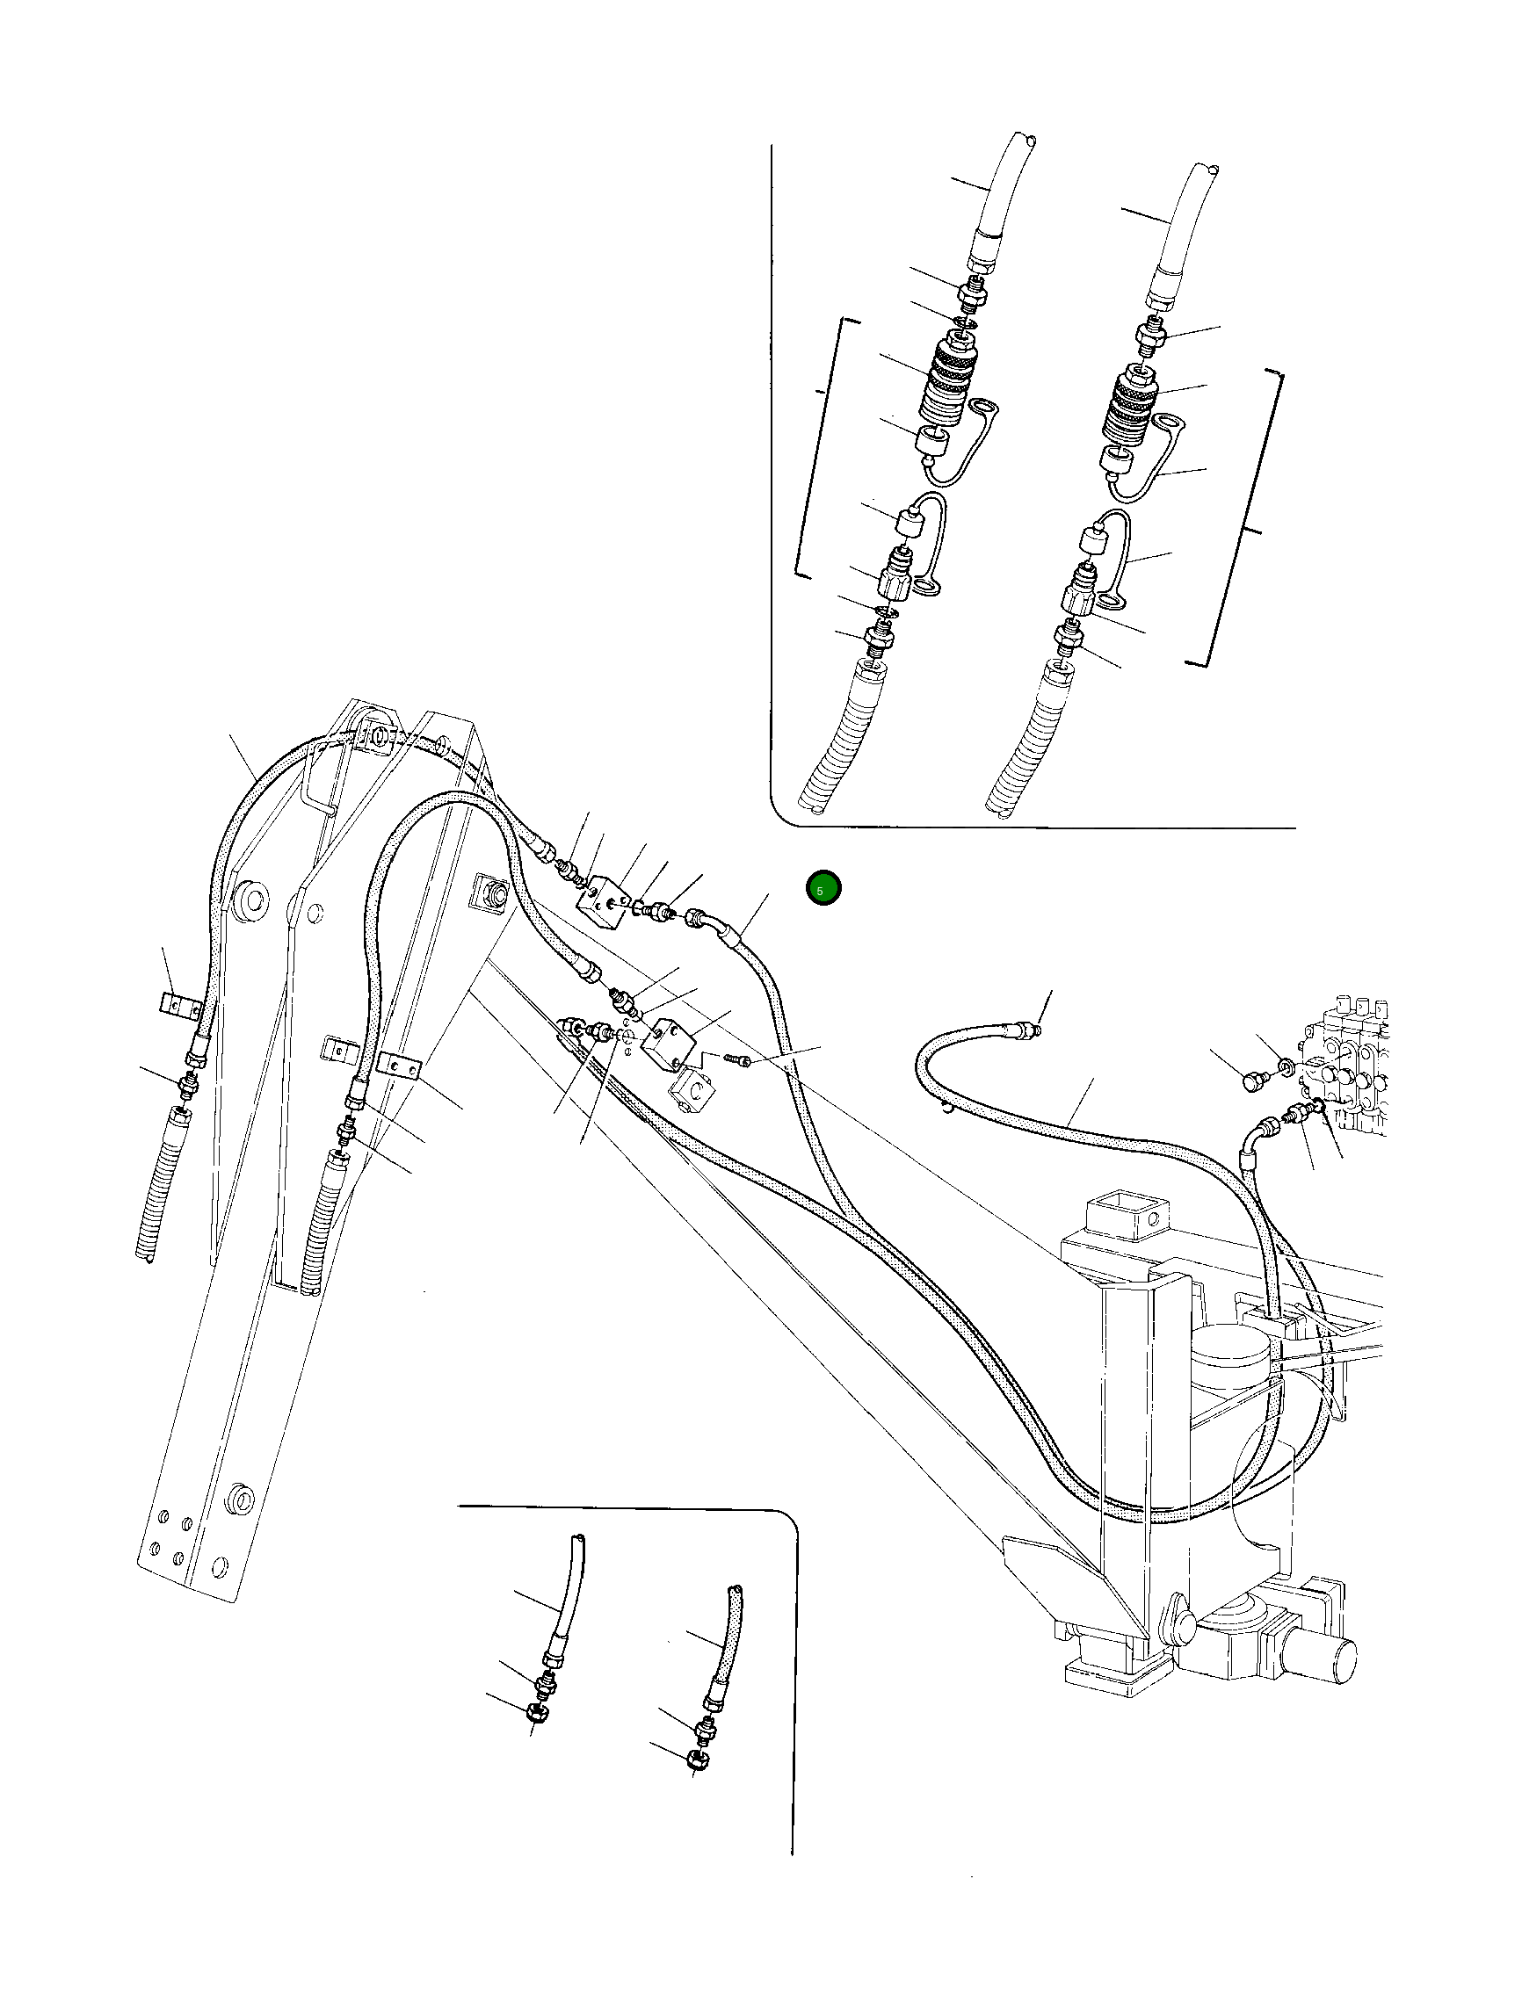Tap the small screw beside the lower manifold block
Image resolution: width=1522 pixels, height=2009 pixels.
pyautogui.click(x=738, y=1060)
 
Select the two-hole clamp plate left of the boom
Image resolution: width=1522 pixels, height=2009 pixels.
pyautogui.click(x=178, y=1002)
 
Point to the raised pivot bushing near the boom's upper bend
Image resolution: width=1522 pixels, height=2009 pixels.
pyautogui.click(x=250, y=899)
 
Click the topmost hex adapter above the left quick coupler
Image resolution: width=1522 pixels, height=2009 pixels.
pyautogui.click(x=971, y=295)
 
